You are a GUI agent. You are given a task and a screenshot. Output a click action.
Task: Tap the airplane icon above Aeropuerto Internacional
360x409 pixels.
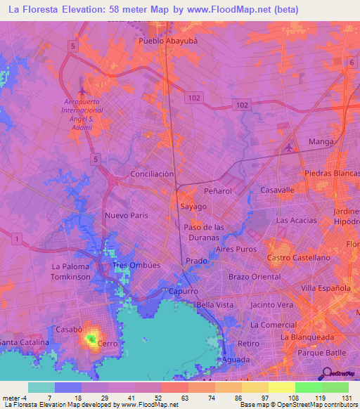(x=84, y=91)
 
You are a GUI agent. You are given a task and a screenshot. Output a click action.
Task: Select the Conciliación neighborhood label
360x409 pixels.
(x=152, y=174)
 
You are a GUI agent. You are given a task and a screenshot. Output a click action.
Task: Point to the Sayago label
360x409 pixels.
(x=193, y=207)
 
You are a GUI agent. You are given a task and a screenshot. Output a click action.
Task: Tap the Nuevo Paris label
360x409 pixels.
(x=126, y=215)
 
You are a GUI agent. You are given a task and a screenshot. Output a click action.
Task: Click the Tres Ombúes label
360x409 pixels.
(x=138, y=266)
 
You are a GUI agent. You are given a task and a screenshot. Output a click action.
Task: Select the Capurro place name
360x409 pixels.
(x=184, y=291)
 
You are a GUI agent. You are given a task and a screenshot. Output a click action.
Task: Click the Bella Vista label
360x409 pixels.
(x=214, y=305)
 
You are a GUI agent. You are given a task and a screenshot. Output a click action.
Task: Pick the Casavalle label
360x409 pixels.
(x=277, y=190)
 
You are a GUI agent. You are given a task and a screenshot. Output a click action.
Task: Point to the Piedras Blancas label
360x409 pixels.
(x=331, y=174)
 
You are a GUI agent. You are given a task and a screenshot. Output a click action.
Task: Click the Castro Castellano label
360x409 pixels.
(x=298, y=258)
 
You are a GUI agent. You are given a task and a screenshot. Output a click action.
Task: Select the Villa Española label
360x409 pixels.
(x=326, y=288)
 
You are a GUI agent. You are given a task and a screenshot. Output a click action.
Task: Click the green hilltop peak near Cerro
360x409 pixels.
(x=91, y=339)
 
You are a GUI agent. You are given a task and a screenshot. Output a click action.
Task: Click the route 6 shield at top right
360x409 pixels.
(x=351, y=63)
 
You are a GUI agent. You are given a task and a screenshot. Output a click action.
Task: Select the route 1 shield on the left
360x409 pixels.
(x=15, y=240)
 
